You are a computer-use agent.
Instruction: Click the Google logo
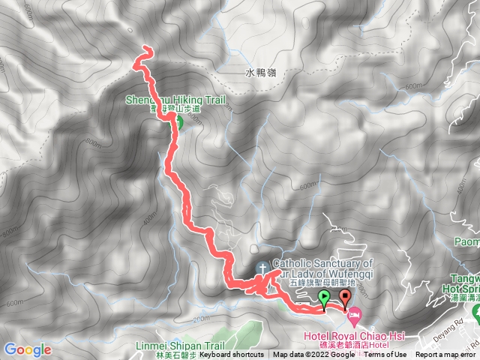27,349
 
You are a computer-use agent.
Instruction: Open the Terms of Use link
385,355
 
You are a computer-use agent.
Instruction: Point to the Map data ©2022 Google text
313,355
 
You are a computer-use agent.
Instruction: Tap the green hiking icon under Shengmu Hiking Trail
178,118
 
